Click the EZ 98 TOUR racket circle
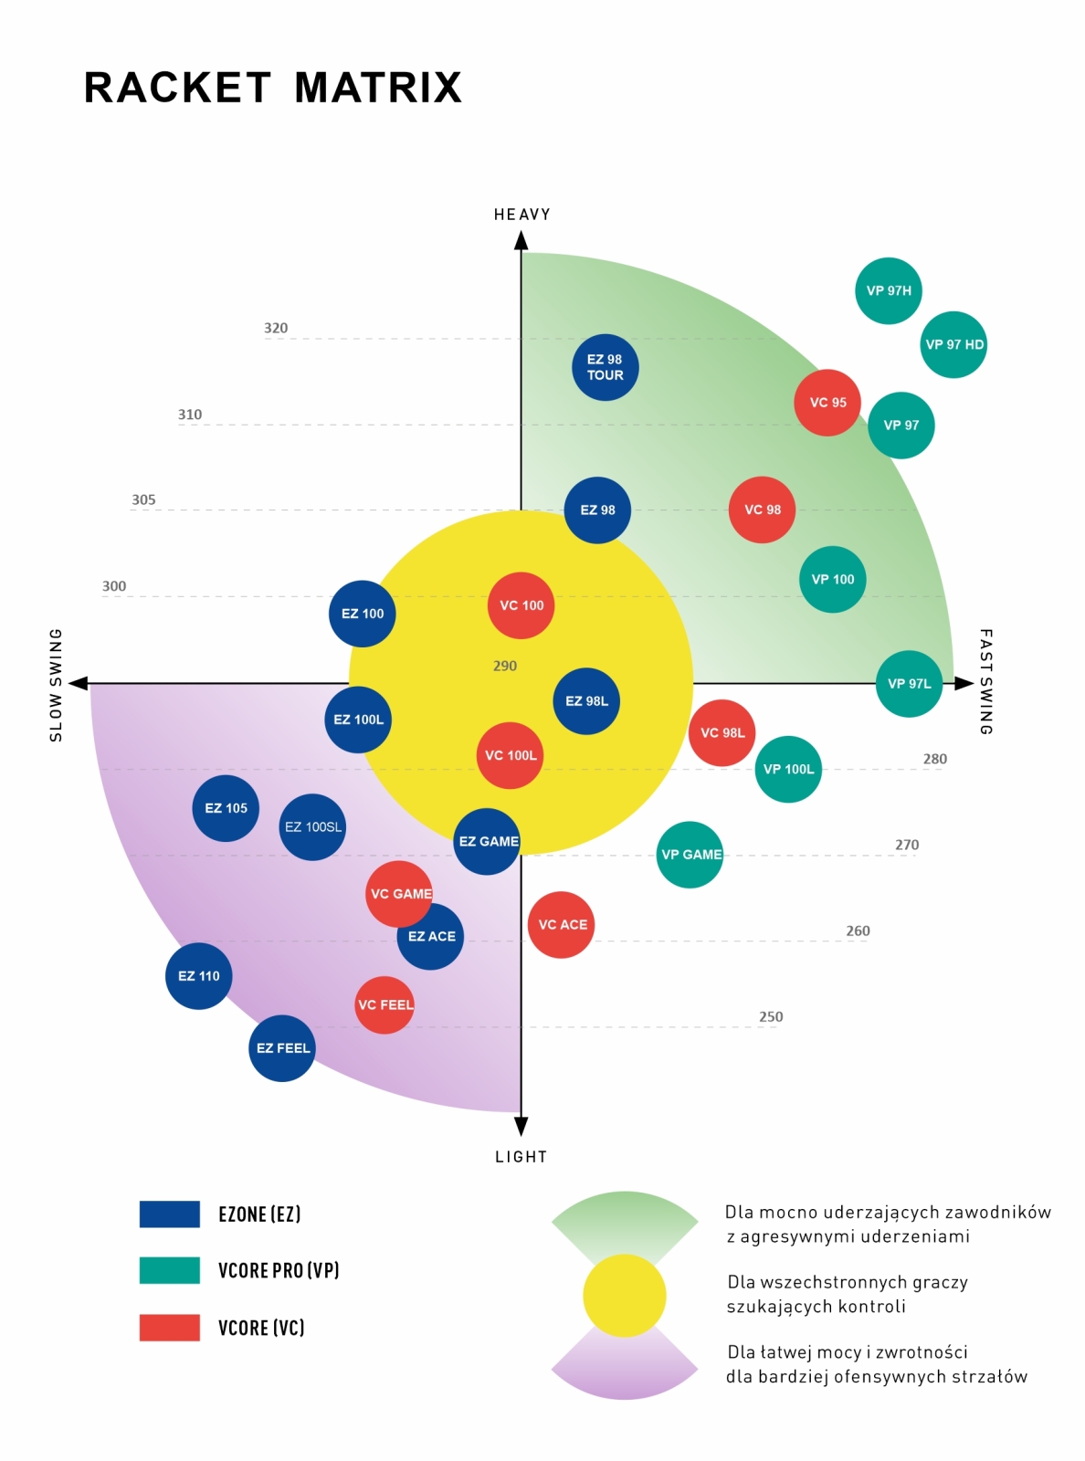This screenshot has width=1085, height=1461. click(x=605, y=367)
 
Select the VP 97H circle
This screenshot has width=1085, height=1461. click(x=888, y=290)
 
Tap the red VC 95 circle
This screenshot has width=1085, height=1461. click(x=827, y=403)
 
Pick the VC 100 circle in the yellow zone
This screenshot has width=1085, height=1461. click(x=521, y=605)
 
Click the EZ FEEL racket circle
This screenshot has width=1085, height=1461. click(x=282, y=1048)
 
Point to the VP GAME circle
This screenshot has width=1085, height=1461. click(x=690, y=855)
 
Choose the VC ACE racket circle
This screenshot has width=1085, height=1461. click(x=562, y=925)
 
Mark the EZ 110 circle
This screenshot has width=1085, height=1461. click(x=198, y=976)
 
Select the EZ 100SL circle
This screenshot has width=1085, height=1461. click(x=313, y=826)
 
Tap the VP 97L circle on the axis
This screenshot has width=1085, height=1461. click(x=909, y=684)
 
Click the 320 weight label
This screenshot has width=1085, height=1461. click(x=276, y=328)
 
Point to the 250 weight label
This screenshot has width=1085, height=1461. click(x=771, y=1016)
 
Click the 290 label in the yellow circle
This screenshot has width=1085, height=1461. click(x=505, y=666)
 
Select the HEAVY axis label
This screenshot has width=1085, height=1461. click(x=521, y=214)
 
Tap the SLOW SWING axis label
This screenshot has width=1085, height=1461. click(x=56, y=685)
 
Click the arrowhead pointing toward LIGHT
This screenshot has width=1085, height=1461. click(x=521, y=1126)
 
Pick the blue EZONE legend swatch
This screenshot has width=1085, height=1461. click(x=169, y=1214)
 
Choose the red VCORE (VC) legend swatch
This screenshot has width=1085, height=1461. click(x=169, y=1328)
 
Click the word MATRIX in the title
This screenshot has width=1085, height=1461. click(x=378, y=87)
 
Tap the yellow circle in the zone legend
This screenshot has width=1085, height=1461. click(x=625, y=1296)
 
